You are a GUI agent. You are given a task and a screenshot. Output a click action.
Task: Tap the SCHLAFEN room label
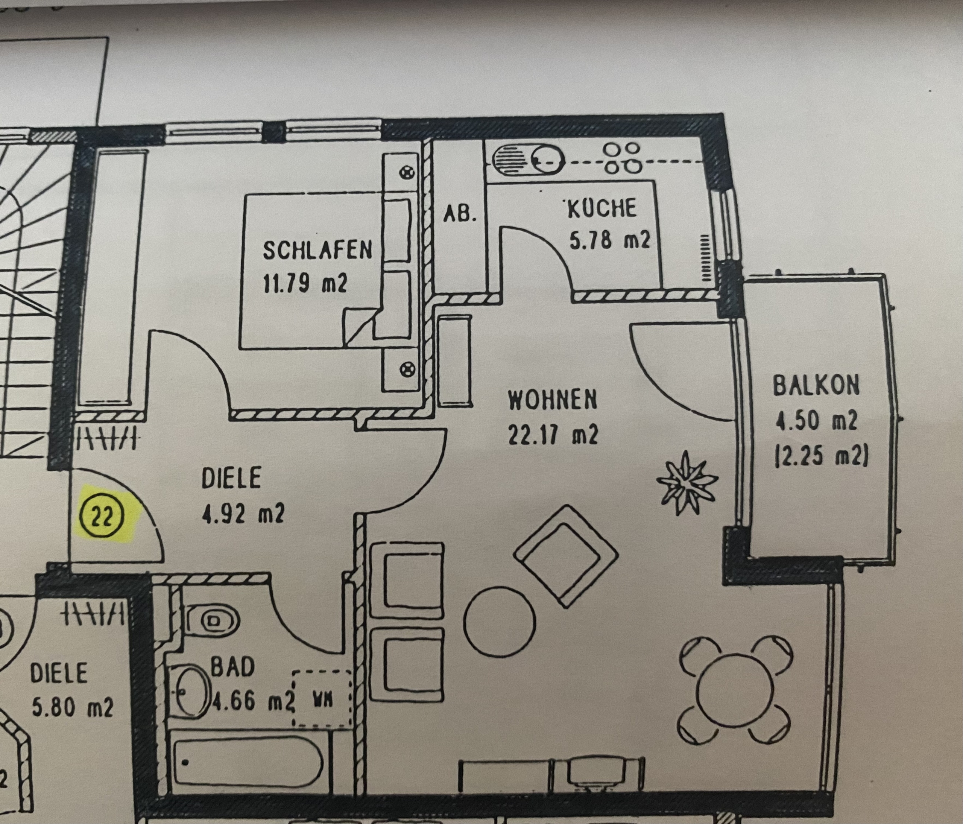(x=317, y=250)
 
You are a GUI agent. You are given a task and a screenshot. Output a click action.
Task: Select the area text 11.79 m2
(x=305, y=283)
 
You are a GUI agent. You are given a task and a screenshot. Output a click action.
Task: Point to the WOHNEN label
(x=552, y=400)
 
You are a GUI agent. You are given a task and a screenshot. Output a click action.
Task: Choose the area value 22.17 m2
(x=553, y=435)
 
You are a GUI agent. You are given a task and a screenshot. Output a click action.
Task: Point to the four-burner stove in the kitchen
(x=622, y=158)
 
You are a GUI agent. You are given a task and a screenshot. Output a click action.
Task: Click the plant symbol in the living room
(x=687, y=483)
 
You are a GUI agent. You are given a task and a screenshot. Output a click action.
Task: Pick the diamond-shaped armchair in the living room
(x=566, y=556)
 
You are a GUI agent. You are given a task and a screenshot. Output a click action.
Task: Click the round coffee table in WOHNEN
(x=500, y=621)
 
